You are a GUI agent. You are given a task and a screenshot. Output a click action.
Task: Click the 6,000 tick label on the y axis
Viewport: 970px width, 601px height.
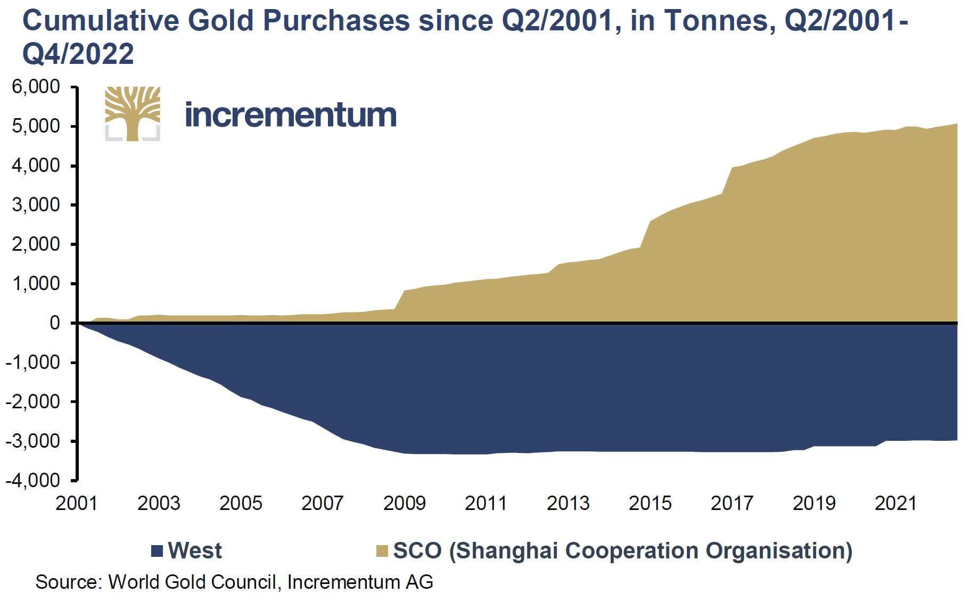pos(36,86)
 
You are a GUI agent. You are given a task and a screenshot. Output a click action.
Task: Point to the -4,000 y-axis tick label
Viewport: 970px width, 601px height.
pos(33,480)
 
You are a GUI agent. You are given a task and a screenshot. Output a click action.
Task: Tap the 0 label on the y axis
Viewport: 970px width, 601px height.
pos(55,323)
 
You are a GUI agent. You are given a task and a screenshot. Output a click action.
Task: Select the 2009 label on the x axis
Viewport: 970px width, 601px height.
pos(405,503)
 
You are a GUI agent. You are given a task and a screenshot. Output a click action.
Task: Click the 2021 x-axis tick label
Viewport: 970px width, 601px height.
pos(896,503)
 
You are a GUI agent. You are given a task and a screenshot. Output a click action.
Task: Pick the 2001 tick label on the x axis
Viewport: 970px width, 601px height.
pos(77,503)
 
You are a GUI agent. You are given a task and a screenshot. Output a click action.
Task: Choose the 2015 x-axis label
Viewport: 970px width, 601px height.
pos(650,503)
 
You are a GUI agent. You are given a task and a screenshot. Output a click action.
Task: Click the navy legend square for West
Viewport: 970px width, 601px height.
pos(157,551)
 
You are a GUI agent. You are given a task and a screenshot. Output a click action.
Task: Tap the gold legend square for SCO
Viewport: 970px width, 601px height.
pos(382,551)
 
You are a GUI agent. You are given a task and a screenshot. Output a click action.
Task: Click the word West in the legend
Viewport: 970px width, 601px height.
pos(195,550)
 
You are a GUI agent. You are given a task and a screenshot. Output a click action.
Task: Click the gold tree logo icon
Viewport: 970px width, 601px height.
pos(133,113)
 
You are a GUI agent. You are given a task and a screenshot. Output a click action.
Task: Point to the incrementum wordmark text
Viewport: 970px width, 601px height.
pos(291,114)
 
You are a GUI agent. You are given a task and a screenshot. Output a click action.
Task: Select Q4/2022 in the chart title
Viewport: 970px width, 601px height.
pos(78,54)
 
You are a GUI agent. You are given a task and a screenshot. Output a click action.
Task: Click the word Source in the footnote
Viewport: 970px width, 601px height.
pos(69,582)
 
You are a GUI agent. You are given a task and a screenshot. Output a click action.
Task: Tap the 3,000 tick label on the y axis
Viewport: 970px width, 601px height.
pos(36,204)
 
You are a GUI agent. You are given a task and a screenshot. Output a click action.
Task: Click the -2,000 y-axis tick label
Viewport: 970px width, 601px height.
pos(33,401)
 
